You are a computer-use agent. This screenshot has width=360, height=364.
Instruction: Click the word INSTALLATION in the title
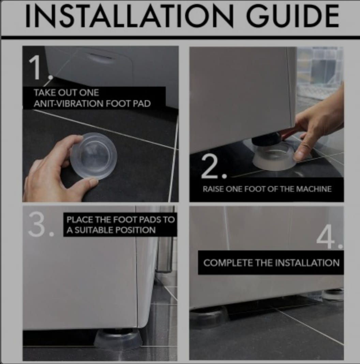(129, 16)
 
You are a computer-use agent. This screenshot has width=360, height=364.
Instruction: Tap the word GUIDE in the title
(292, 16)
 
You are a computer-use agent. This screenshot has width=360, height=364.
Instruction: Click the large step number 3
(37, 224)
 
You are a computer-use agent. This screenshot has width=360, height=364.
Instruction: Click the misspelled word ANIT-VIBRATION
(69, 104)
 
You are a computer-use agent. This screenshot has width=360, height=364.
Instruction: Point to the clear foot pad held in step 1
(94, 155)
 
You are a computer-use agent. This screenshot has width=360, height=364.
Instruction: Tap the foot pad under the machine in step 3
(118, 339)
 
